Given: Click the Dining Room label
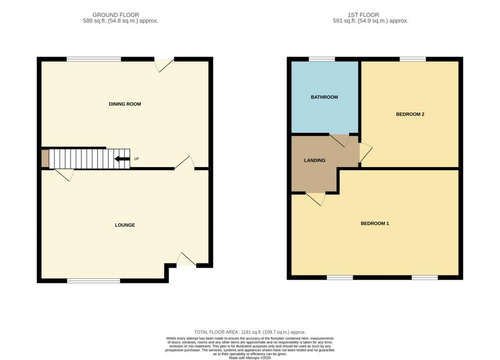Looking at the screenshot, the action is tap(125, 104).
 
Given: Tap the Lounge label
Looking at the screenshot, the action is tap(125, 225).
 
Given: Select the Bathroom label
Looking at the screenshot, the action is tap(324, 97).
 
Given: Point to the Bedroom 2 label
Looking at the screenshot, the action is tap(410, 114).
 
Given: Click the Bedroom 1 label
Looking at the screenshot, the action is tap(375, 224).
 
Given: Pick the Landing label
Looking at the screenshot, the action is tap(315, 160).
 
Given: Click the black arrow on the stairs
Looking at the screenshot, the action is tap(122, 159).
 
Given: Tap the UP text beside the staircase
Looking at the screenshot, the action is tap(137, 159).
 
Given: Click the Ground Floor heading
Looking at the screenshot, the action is tap(116, 15).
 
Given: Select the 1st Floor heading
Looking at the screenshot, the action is tap(363, 15).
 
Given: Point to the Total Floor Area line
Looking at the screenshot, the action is tap(250, 332).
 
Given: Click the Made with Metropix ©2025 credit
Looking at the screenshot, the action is tap(250, 358).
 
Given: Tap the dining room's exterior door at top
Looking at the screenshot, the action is tap(164, 65).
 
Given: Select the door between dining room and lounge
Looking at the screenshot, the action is tap(185, 162).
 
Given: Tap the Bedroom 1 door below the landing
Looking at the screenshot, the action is tap(316, 199).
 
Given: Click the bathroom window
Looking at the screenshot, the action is tap(322, 59).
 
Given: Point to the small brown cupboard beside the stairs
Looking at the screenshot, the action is tap(45, 158).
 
